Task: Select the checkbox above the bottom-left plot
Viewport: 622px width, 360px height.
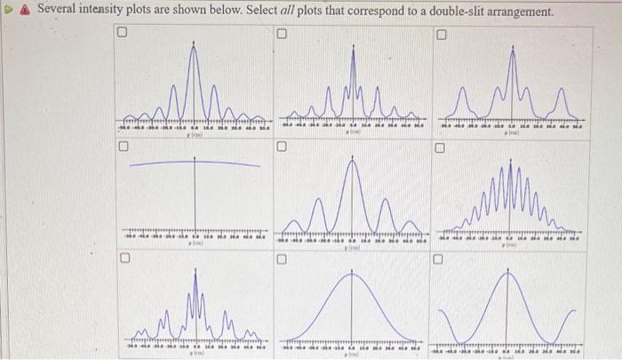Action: point(125,260)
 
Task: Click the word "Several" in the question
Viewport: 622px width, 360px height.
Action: point(57,12)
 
